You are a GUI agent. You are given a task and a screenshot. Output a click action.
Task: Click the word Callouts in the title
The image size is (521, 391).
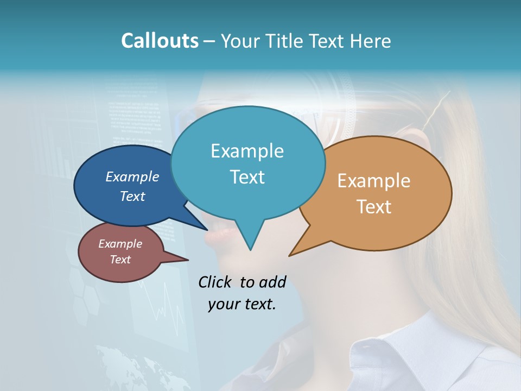pyautogui.click(x=160, y=41)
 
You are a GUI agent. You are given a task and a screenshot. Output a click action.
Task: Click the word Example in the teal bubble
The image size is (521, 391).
pyautogui.click(x=247, y=151)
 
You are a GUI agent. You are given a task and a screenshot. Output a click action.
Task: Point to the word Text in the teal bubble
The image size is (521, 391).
pyautogui.click(x=247, y=177)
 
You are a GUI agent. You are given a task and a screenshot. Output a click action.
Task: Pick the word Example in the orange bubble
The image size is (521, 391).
pyautogui.click(x=374, y=181)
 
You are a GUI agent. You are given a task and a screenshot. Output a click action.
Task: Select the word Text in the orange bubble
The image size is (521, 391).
pyautogui.click(x=374, y=207)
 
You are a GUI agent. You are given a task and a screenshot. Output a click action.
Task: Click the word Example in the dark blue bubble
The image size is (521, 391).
pyautogui.click(x=132, y=176)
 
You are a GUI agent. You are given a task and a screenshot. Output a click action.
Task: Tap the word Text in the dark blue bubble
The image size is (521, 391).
pyautogui.click(x=132, y=196)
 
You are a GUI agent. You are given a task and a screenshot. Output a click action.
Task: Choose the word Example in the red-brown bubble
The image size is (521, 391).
pyautogui.click(x=120, y=244)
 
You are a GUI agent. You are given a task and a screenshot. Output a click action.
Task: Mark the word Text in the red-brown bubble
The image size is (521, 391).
pyautogui.click(x=120, y=260)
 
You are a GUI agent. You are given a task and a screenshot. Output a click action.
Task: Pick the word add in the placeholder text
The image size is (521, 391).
pyautogui.click(x=272, y=282)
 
